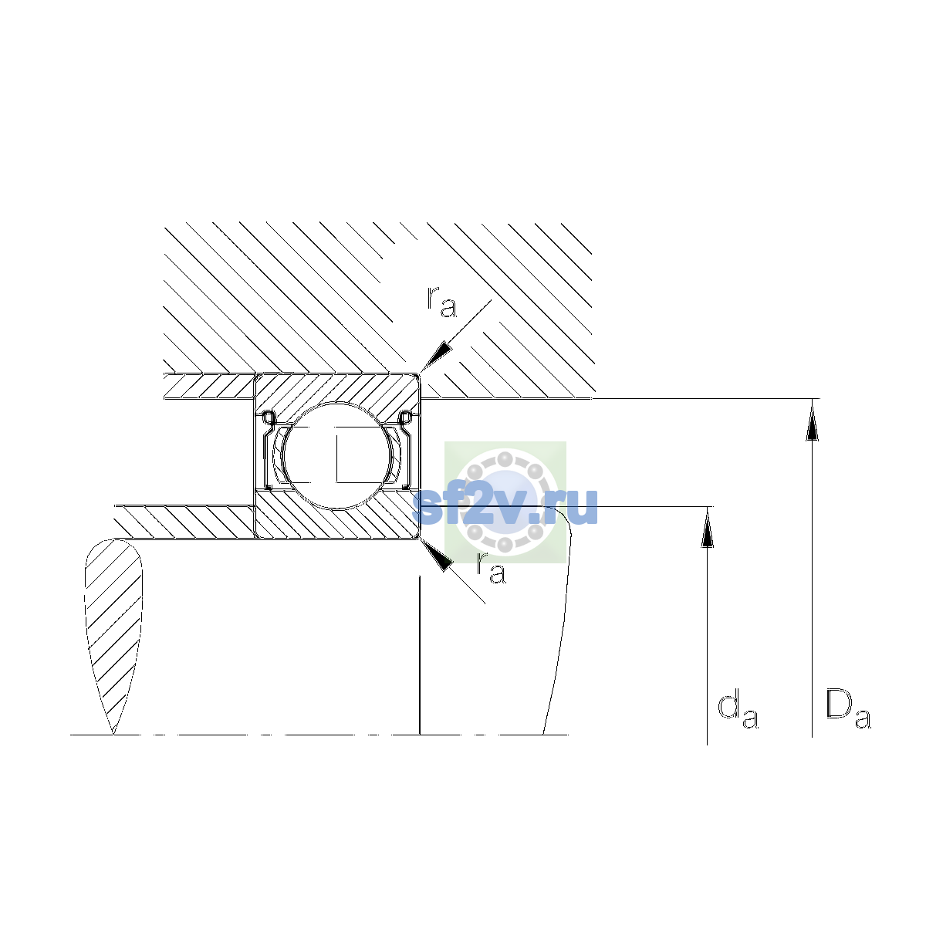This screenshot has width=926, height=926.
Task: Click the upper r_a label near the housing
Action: (x=441, y=302)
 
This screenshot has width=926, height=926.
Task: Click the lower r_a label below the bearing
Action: (x=491, y=568)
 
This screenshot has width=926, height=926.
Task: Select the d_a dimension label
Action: (x=738, y=711)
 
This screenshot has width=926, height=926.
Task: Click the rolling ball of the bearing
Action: (x=338, y=455)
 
